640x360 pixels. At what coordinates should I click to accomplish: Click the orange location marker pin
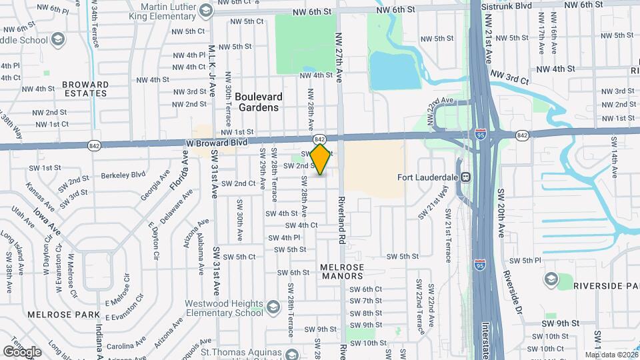(x=321, y=159)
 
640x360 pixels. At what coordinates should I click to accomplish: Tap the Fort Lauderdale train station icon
(x=465, y=177)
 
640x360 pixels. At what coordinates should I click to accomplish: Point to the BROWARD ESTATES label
(x=85, y=89)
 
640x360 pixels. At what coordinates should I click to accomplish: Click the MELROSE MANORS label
(x=343, y=272)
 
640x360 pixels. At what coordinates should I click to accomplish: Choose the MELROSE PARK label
(x=54, y=313)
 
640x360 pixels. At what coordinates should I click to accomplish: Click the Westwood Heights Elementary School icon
(x=273, y=307)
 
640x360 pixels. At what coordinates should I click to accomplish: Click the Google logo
(x=22, y=351)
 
